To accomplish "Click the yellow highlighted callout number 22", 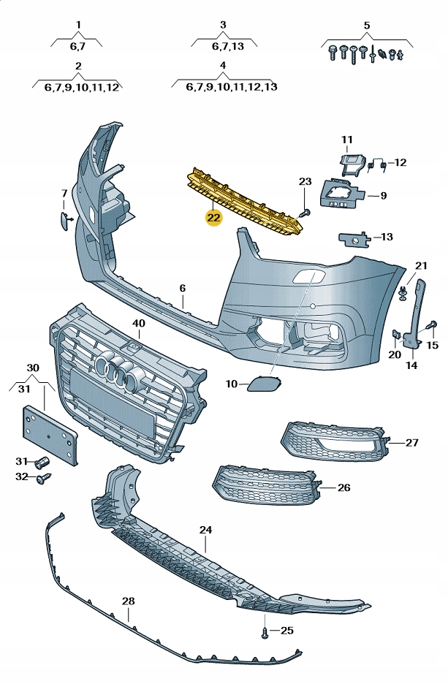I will [x=213, y=217].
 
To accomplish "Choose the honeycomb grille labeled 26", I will [x=265, y=484].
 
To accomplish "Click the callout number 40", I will [x=139, y=322].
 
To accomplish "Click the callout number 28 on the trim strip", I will [x=129, y=601].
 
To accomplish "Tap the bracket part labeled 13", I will [x=354, y=237].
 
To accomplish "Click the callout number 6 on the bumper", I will [x=183, y=289].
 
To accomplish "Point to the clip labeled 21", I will [x=403, y=294].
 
